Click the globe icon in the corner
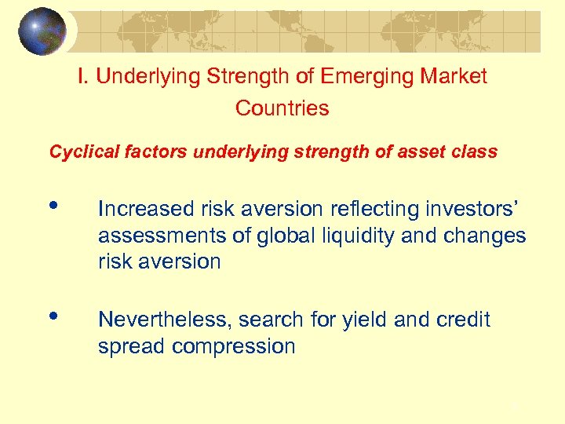click(x=42, y=31)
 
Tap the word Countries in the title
click(x=282, y=108)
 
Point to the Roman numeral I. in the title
click(x=82, y=76)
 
